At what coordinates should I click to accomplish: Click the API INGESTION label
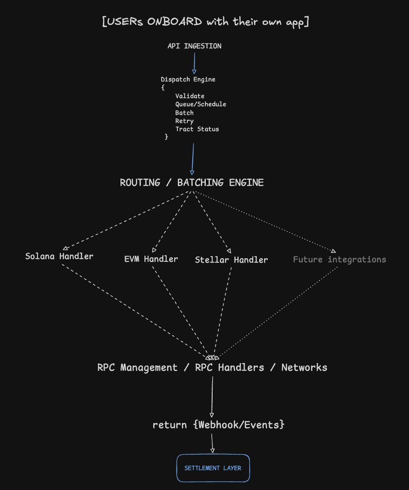point(195,46)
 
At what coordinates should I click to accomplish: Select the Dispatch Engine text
point(188,80)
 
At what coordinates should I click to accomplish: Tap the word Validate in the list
point(190,96)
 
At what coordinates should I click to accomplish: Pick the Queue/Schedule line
point(200,104)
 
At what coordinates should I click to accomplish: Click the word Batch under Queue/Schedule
point(184,113)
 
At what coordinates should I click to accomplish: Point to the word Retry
point(184,121)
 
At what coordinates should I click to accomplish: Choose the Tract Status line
point(197,129)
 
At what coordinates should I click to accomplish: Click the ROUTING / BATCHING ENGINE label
point(192,183)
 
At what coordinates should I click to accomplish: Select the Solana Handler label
point(59,256)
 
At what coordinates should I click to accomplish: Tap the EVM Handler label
point(151,259)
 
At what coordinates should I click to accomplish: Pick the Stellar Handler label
point(231,259)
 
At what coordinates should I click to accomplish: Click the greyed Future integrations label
point(339,259)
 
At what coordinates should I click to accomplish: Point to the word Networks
point(304,367)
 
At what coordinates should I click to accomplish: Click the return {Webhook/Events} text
point(218,425)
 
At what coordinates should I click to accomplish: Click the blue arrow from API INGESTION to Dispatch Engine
point(195,63)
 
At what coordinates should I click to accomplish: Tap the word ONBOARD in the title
point(174,22)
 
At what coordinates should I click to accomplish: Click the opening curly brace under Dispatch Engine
point(163,88)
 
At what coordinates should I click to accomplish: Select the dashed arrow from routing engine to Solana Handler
point(126,221)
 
